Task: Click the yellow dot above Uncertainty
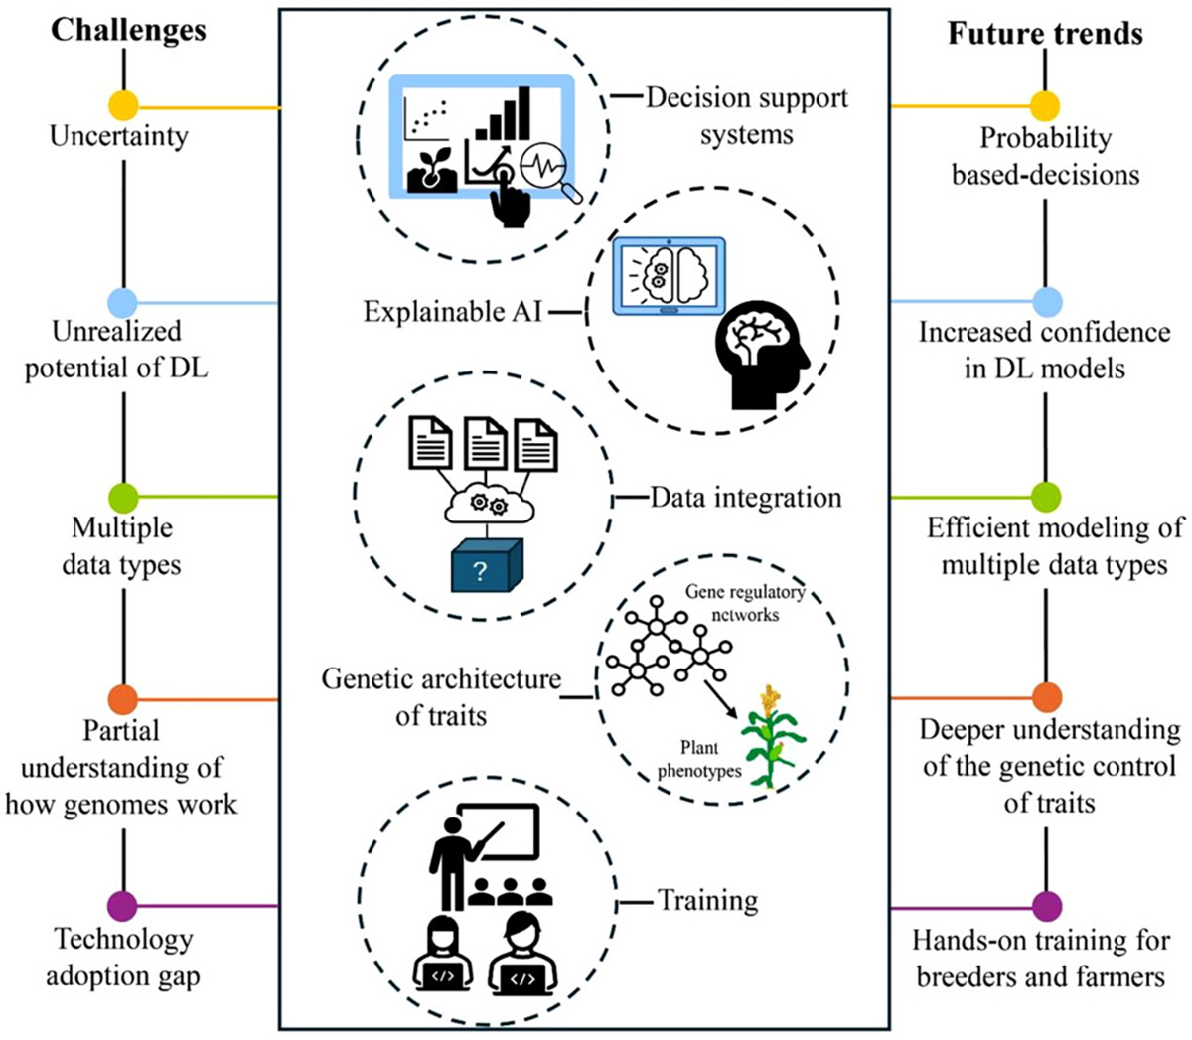click(123, 105)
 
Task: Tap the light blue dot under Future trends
click(1047, 301)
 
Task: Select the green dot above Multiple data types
click(123, 497)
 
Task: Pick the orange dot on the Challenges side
click(123, 699)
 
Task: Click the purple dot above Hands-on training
click(1047, 906)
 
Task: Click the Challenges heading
click(128, 30)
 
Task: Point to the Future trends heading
click(1045, 34)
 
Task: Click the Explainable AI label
click(452, 312)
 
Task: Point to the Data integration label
click(745, 497)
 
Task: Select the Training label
click(707, 901)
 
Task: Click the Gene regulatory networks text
click(745, 603)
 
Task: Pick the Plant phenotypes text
click(699, 759)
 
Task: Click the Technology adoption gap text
click(123, 958)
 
